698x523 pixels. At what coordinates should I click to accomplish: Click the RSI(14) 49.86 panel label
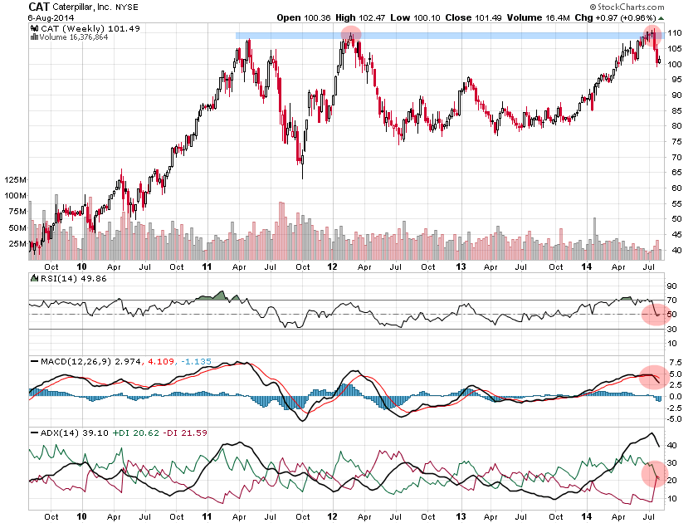pyautogui.click(x=64, y=279)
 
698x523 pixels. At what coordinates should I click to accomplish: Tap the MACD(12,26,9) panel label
pyautogui.click(x=73, y=361)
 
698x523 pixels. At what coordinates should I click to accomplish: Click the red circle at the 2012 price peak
pyautogui.click(x=351, y=36)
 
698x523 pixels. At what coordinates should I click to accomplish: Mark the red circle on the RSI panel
pyautogui.click(x=655, y=314)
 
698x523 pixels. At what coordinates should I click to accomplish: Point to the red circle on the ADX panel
pyautogui.click(x=654, y=475)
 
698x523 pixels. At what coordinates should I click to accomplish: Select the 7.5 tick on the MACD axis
pyautogui.click(x=674, y=363)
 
